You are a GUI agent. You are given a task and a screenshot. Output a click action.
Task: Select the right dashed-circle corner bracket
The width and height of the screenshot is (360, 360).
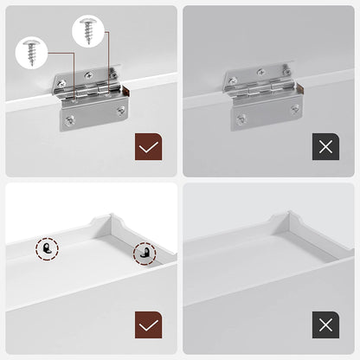[145, 254]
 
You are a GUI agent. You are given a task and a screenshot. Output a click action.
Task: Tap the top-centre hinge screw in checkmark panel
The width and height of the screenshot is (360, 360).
[91, 74]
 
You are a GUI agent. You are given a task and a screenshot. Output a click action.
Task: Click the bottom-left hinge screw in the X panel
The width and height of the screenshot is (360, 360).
[241, 119]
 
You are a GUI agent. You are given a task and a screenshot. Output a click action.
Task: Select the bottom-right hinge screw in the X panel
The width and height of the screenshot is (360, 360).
[294, 109]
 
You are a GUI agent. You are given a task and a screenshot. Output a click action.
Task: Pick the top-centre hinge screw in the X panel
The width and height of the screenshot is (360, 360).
[260, 74]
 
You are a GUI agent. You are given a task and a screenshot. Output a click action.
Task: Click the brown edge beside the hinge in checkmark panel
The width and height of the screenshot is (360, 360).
[127, 90]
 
